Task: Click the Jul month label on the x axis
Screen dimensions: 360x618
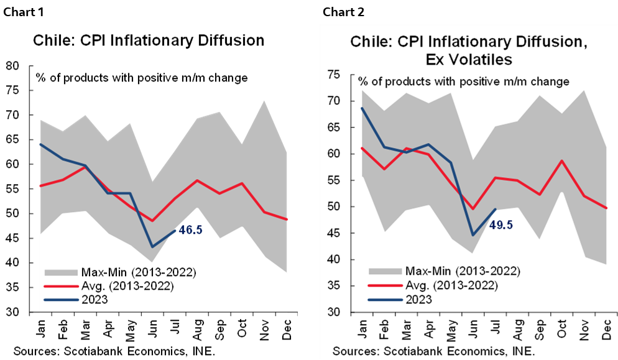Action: tap(496, 327)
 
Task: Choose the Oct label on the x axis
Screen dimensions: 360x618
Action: tap(562, 328)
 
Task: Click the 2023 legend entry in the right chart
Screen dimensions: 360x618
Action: tap(418, 298)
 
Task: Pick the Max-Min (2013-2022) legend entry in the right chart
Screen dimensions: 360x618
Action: tap(462, 271)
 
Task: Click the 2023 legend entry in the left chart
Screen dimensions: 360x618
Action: tap(95, 299)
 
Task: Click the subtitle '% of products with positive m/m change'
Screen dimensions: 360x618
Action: tap(463, 81)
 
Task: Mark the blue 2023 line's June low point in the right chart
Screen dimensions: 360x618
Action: tap(473, 235)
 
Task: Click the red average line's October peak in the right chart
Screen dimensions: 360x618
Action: tap(562, 160)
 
